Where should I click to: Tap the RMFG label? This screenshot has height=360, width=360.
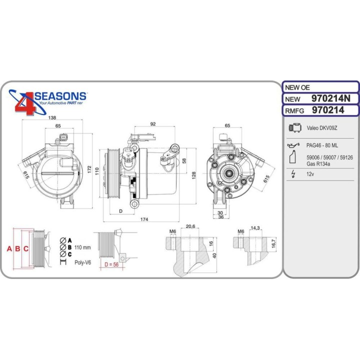click(295, 110)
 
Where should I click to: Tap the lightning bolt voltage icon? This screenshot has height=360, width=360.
click(293, 175)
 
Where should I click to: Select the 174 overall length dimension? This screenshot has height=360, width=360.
click(144, 219)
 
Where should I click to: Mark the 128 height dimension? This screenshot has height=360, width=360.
click(192, 174)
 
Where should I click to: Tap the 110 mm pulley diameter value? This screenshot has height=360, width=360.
click(83, 247)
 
